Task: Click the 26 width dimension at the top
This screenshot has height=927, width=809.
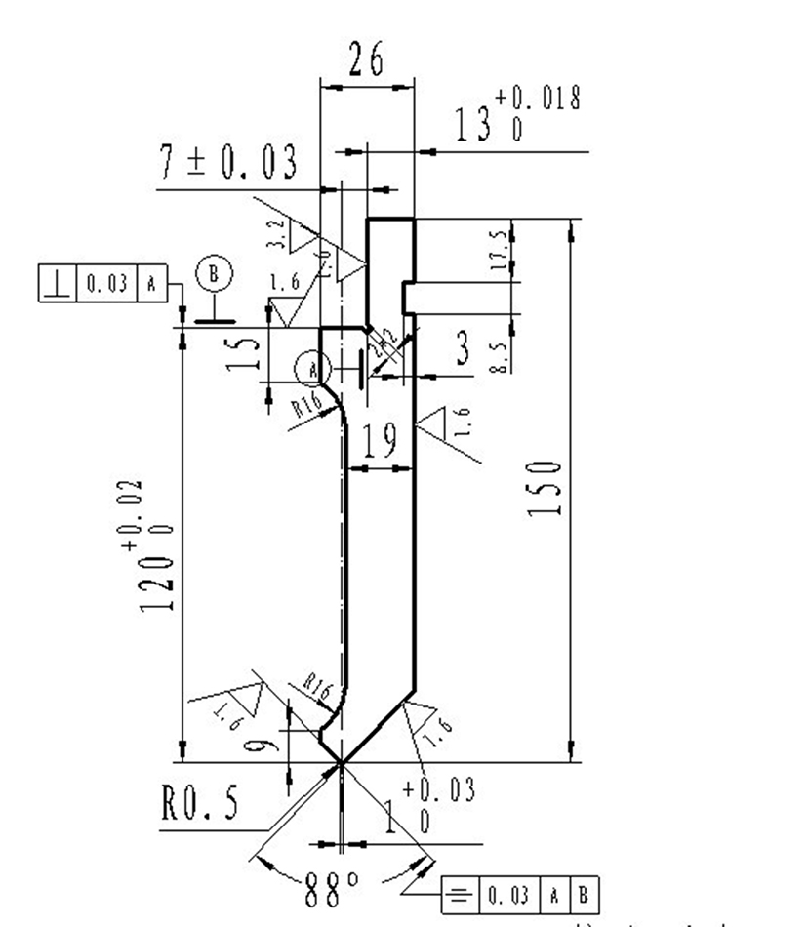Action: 366,61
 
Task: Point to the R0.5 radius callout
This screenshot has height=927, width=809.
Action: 200,805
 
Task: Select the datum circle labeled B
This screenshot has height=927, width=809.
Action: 214,274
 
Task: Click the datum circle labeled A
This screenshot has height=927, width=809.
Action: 309,369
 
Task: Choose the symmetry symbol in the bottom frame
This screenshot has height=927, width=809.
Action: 457,893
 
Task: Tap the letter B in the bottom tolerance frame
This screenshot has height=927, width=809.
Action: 583,893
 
